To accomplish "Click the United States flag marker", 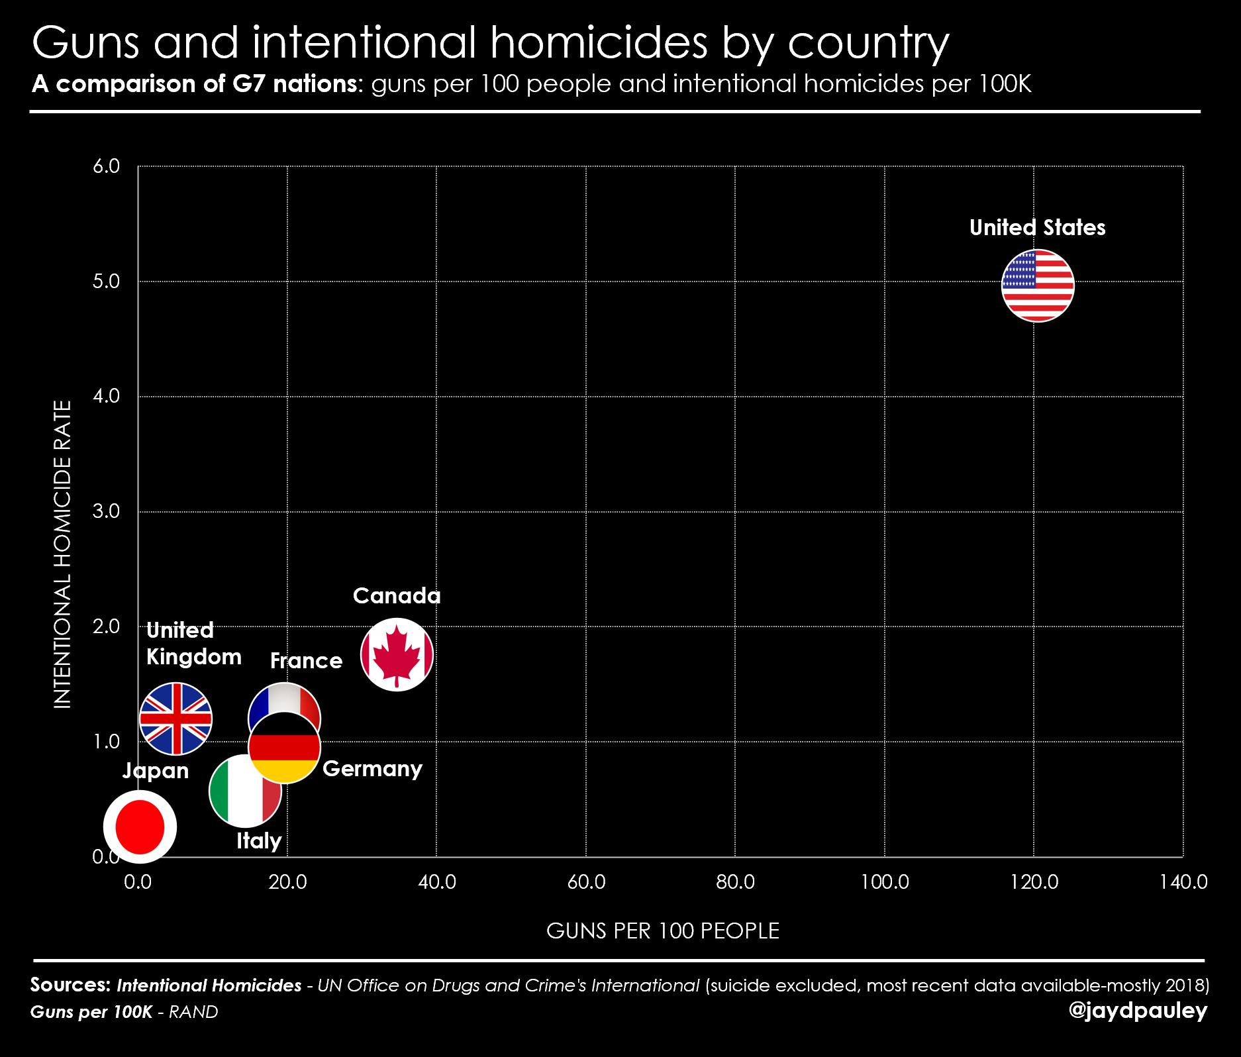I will [1038, 285].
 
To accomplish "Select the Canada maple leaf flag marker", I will [397, 654].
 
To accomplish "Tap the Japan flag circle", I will [140, 827].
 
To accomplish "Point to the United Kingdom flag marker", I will [175, 719].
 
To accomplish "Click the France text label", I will [306, 660].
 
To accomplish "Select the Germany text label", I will [372, 768].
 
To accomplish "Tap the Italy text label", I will [259, 840].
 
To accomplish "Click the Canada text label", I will [397, 595].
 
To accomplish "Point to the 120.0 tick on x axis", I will [1034, 881].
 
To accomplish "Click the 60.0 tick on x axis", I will [586, 881].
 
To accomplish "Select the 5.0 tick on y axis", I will [106, 281].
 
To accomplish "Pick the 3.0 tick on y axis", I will [106, 511].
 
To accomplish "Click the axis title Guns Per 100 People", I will [662, 931].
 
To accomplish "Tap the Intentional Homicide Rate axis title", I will [62, 554].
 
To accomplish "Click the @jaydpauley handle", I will [1138, 1010].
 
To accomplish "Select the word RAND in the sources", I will [193, 1012].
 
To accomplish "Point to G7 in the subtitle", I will [249, 84].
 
